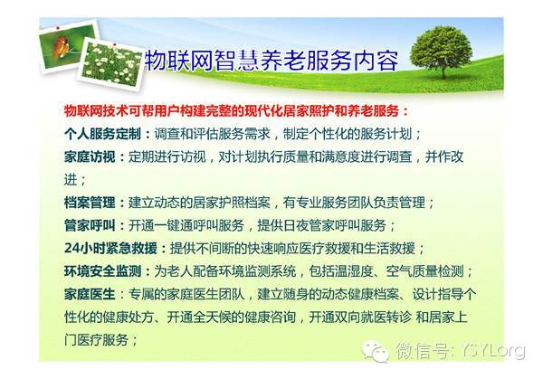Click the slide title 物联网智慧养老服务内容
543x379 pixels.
coord(271,61)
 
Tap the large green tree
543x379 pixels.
coord(442,52)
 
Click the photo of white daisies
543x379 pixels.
coord(112,64)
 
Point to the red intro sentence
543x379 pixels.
coord(236,110)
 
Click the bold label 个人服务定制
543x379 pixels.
coord(102,134)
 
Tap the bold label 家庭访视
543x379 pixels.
coord(90,156)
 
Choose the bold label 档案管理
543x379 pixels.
coord(90,202)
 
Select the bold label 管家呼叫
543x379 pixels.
coord(90,225)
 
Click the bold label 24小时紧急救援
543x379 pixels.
coord(110,248)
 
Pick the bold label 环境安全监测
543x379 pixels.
coord(102,270)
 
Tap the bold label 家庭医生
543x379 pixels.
coord(90,294)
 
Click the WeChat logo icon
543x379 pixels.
coord(375,351)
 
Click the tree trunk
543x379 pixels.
coord(443,72)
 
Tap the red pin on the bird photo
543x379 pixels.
coord(58,27)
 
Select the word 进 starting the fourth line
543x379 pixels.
coord(71,179)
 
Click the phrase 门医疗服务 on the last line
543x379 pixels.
coord(96,339)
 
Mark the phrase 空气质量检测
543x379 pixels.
coord(424,270)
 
